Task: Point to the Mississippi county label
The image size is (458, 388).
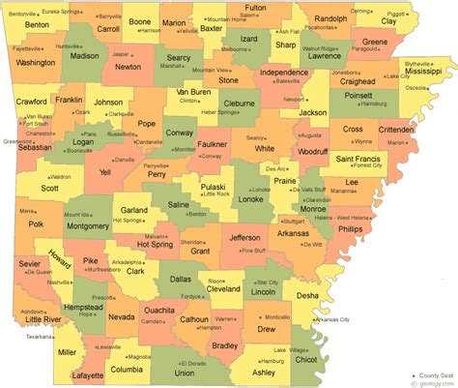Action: [x=421, y=71]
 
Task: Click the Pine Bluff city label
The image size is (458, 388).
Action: [x=253, y=250]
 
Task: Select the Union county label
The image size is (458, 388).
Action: [x=184, y=372]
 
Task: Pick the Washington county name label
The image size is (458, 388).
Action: [x=36, y=62]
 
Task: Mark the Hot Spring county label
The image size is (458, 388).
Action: [x=156, y=245]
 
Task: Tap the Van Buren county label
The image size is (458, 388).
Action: [x=193, y=93]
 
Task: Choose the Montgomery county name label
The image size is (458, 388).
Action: [x=89, y=225]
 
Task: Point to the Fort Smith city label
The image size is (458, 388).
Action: [x=36, y=124]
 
